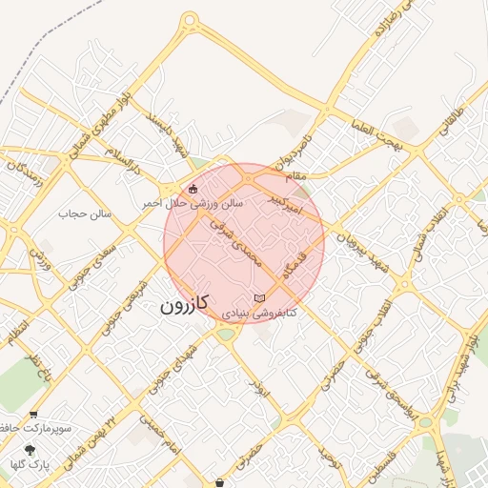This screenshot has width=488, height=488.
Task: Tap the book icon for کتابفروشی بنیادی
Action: click(x=260, y=299)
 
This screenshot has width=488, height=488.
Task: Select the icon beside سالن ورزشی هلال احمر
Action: click(x=194, y=189)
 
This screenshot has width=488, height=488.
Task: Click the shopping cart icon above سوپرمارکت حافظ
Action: click(x=34, y=415)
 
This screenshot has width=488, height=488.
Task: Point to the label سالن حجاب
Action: click(x=85, y=213)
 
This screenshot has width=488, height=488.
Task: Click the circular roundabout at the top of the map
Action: click(x=190, y=19)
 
